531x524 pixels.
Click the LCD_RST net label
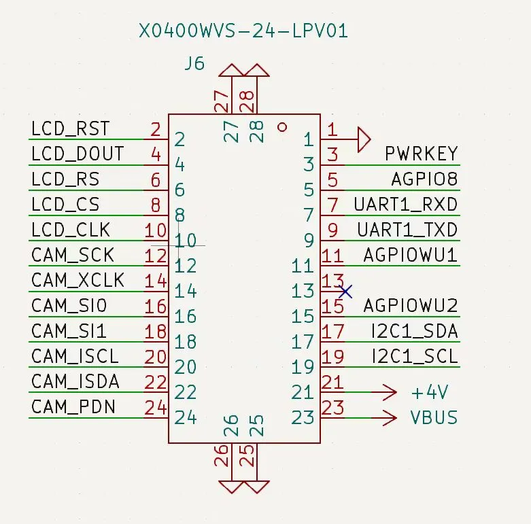[70, 128]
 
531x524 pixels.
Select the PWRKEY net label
[422, 154]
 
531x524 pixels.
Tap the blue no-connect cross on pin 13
[345, 292]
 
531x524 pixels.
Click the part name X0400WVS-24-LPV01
[243, 31]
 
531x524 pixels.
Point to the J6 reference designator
[194, 65]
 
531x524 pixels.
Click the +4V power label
[430, 393]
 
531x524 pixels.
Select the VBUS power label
[434, 417]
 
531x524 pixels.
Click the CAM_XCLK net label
[78, 280]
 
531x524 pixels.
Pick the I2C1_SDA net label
[414, 332]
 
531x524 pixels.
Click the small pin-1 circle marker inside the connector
[283, 126]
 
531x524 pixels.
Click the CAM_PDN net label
[73, 407]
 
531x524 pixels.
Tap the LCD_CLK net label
[71, 230]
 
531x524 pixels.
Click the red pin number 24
[156, 408]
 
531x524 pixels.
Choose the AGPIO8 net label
[424, 179]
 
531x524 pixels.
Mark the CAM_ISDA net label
[75, 382]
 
